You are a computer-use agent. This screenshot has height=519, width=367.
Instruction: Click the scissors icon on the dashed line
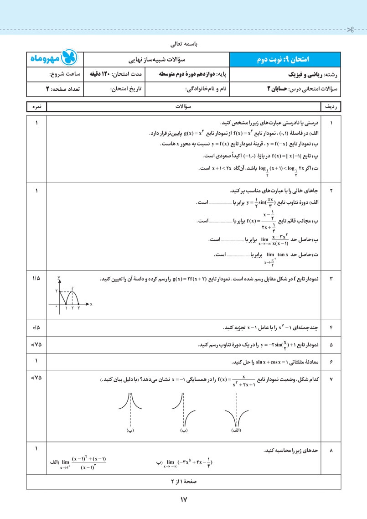350,31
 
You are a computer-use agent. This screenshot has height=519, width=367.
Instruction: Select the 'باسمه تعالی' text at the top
183,45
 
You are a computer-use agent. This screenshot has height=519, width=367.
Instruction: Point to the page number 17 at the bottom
184,500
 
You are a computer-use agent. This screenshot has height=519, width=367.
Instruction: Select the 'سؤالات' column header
183,107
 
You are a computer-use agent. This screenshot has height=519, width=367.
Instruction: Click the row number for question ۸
331,451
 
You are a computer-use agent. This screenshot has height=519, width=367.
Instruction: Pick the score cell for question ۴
36,327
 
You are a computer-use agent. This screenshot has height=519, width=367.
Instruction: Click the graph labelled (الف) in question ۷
236,410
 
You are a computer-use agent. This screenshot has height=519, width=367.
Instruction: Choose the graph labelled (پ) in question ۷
130,410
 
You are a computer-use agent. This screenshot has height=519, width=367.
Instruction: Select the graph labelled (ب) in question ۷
184,410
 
